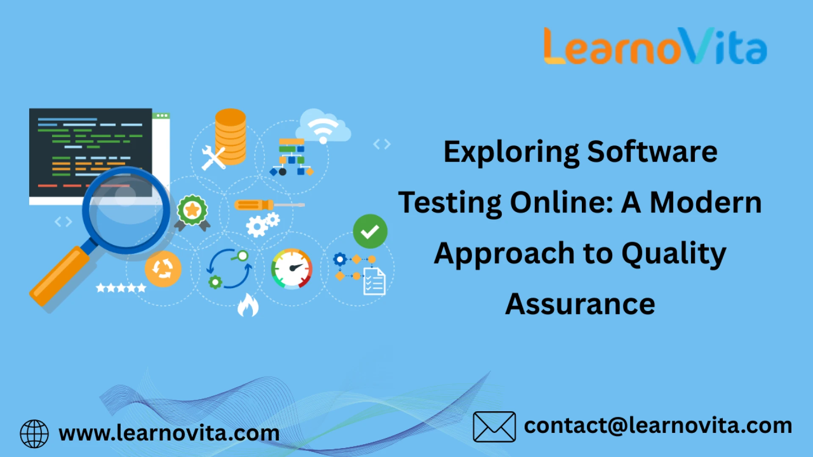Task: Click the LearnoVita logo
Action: click(x=655, y=46)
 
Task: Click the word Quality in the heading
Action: click(x=674, y=254)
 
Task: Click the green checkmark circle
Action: click(x=370, y=231)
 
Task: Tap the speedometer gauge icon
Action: click(x=292, y=269)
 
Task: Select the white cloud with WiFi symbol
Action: click(x=323, y=126)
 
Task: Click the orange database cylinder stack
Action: click(x=230, y=137)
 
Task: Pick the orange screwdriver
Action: click(x=269, y=205)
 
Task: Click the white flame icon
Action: click(x=248, y=305)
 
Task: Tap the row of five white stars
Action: click(x=121, y=288)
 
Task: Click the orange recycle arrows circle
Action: click(x=163, y=269)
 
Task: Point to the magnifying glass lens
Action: click(x=126, y=210)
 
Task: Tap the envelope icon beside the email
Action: click(x=494, y=427)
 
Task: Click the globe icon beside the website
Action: click(x=34, y=434)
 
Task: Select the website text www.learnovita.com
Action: click(x=169, y=433)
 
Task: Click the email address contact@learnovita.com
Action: click(x=658, y=426)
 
